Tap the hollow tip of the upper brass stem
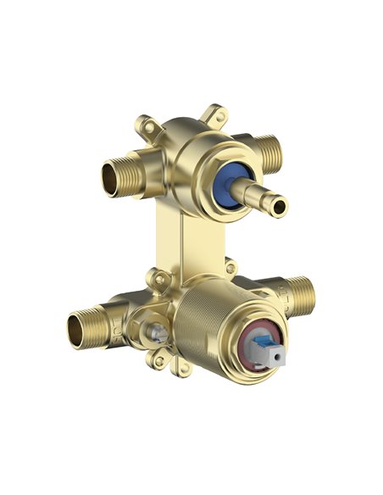click(x=282, y=203)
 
